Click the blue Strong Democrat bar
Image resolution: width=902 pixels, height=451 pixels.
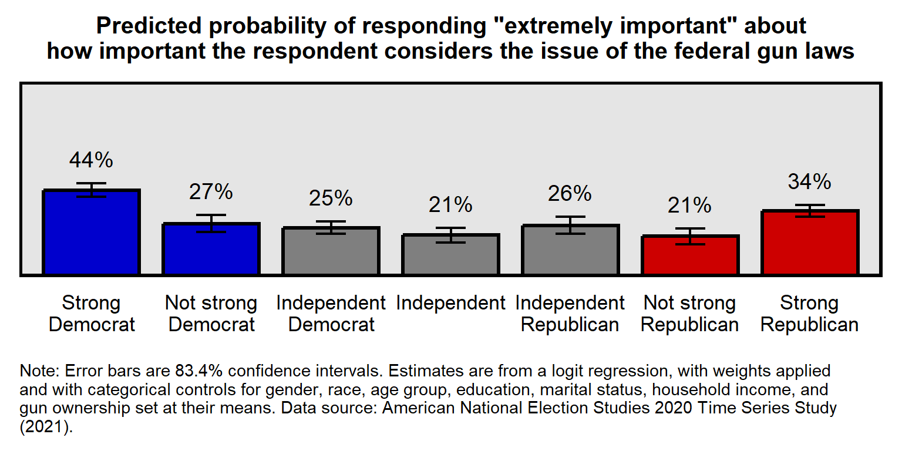pyautogui.click(x=91, y=235)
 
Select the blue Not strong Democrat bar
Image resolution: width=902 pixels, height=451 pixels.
pyautogui.click(x=211, y=251)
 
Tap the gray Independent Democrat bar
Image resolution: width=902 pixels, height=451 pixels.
pyautogui.click(x=331, y=253)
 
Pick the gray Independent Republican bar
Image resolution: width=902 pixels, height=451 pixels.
pyautogui.click(x=570, y=251)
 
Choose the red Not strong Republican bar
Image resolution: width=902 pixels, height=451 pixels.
pyautogui.click(x=690, y=257)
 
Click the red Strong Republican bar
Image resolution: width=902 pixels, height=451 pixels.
pyautogui.click(x=810, y=244)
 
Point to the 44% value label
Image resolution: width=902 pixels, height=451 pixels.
pyautogui.click(x=91, y=160)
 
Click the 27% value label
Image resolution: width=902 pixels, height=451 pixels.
pyautogui.click(x=211, y=191)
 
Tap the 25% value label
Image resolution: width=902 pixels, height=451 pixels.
pyautogui.click(x=331, y=198)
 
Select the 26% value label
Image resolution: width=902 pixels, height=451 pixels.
pyautogui.click(x=570, y=193)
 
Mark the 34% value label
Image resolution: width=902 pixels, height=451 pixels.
pyautogui.click(x=810, y=181)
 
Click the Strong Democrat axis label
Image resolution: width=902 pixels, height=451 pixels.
pyautogui.click(x=92, y=314)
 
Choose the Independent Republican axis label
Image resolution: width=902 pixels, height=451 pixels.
pyautogui.click(x=570, y=314)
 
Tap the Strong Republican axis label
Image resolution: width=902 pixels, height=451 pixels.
pyautogui.click(x=810, y=314)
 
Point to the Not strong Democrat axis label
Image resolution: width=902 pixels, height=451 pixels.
pyautogui.click(x=211, y=314)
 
